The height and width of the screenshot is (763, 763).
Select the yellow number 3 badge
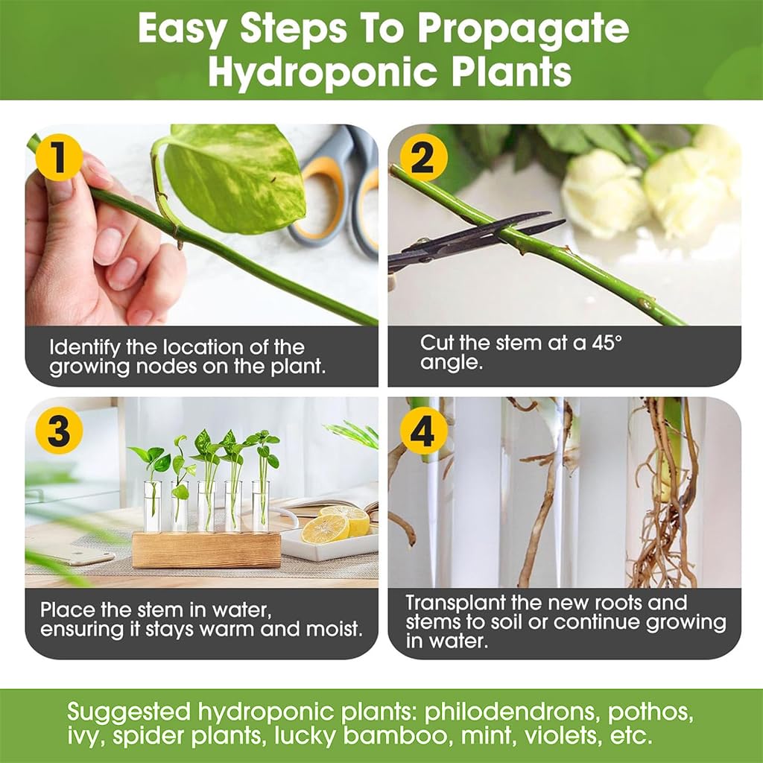58,431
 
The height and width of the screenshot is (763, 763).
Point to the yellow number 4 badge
422,431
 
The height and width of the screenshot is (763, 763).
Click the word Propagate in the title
522,30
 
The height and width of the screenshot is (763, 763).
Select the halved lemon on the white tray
326,528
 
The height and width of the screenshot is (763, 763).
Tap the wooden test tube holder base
206,550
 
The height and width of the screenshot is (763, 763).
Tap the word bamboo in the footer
385,737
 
